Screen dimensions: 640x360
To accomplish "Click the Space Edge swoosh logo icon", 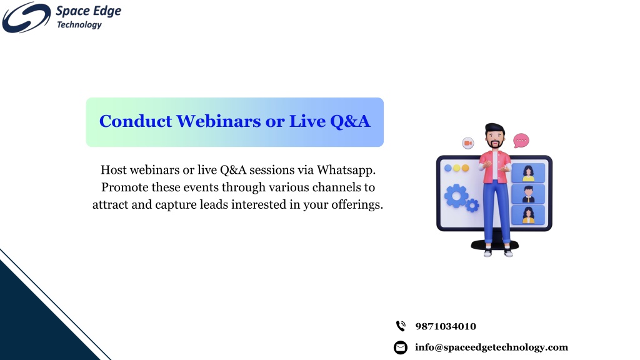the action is [x=26, y=17].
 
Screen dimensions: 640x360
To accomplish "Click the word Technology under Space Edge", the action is [x=79, y=25].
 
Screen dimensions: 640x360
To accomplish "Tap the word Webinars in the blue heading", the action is [x=218, y=121].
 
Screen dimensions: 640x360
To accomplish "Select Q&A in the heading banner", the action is [x=350, y=122].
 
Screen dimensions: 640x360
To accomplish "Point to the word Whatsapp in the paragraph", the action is [x=346, y=170].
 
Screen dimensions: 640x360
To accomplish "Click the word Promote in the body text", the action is [x=125, y=187].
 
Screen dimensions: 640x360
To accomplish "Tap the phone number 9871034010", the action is [x=445, y=326].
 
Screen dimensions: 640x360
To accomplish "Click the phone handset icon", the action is [x=401, y=326].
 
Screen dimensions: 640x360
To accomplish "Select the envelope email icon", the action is [x=401, y=347].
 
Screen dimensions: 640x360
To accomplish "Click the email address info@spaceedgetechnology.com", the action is [x=491, y=347].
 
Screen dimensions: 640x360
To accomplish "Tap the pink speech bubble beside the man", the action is [x=521, y=141].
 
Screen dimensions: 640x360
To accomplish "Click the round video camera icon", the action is [x=468, y=143].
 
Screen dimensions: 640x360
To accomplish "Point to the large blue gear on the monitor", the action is [x=456, y=196].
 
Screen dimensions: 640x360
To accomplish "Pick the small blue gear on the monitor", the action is [x=472, y=205].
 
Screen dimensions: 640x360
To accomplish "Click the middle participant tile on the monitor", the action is [x=528, y=194].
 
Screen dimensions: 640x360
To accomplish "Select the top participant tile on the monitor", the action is [x=528, y=172].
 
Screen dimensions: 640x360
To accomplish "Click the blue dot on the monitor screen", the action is [x=447, y=168].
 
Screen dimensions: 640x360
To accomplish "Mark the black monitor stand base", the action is [x=495, y=245].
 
